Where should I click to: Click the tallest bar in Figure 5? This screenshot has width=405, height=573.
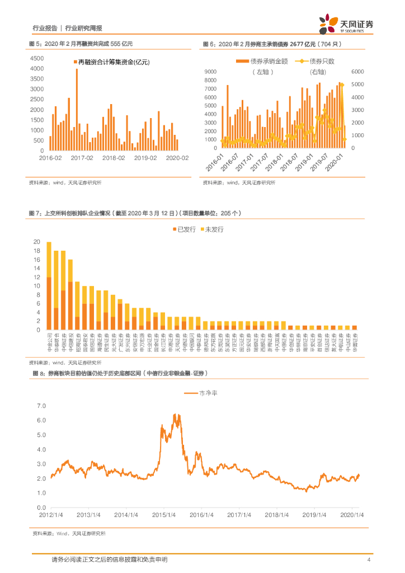coord(77,110)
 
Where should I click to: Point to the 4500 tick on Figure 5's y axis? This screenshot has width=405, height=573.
coord(36,58)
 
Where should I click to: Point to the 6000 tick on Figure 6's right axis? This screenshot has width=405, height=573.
coord(357,72)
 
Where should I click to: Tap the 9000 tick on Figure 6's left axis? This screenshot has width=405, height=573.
coord(211,72)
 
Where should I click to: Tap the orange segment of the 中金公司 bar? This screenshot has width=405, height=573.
coord(49,303)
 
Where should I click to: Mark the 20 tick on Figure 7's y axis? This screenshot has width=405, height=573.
coord(37,242)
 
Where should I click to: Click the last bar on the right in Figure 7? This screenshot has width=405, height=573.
coord(354,327)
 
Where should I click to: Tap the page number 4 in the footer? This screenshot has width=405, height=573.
coord(369,560)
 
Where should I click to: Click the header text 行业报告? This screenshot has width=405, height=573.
coord(44,28)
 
